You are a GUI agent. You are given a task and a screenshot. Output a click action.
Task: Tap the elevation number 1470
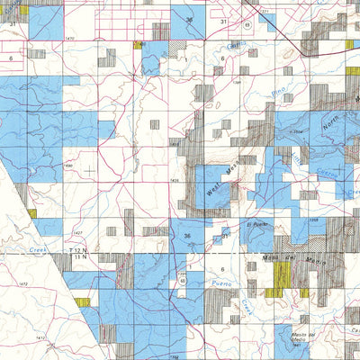69,39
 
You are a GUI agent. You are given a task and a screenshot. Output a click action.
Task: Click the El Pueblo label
255,224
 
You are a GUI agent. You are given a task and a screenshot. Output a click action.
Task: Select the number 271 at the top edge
265,10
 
